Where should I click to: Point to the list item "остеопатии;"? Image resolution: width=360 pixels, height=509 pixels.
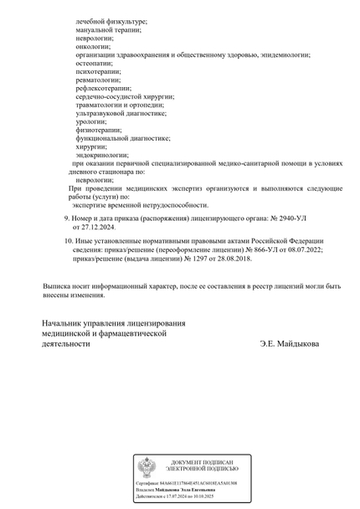(95, 63)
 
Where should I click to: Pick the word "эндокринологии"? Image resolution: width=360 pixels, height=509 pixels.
(101, 155)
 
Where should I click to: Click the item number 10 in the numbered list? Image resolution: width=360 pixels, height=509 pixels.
(68, 240)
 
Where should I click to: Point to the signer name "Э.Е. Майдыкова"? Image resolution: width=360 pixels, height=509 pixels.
(289, 343)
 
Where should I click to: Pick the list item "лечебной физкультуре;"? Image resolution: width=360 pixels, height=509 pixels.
(111, 21)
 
